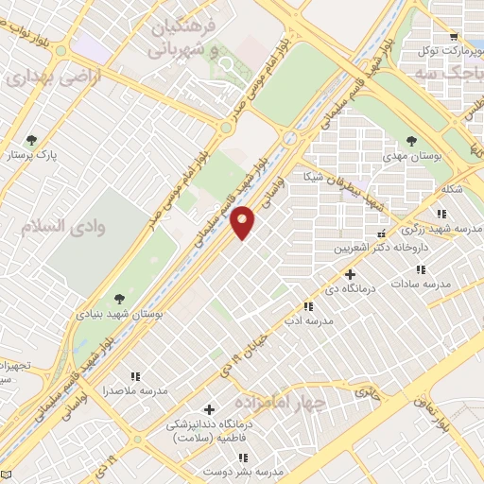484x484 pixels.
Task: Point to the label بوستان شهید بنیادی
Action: [x=119, y=312]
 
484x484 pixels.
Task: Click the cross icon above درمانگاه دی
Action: [x=351, y=273]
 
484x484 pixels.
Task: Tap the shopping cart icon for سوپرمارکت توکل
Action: [x=455, y=38]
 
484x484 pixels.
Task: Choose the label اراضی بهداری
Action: [x=43, y=78]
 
